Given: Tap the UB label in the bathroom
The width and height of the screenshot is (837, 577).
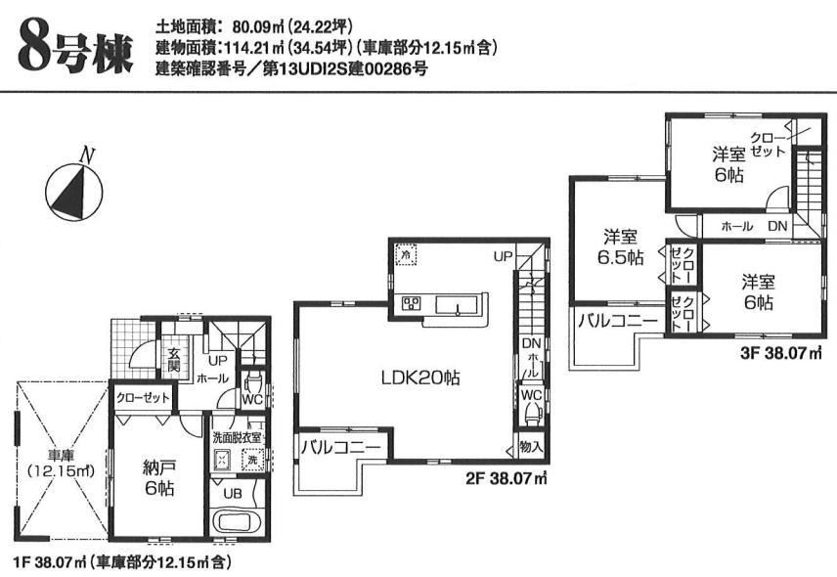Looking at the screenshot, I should pos(232,493).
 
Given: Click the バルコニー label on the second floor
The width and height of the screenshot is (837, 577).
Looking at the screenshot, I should pos(340,449).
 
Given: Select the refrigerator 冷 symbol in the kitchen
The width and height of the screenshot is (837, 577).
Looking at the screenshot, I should pos(406,254).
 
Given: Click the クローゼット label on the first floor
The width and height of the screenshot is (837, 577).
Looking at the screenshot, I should pos(143,398).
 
